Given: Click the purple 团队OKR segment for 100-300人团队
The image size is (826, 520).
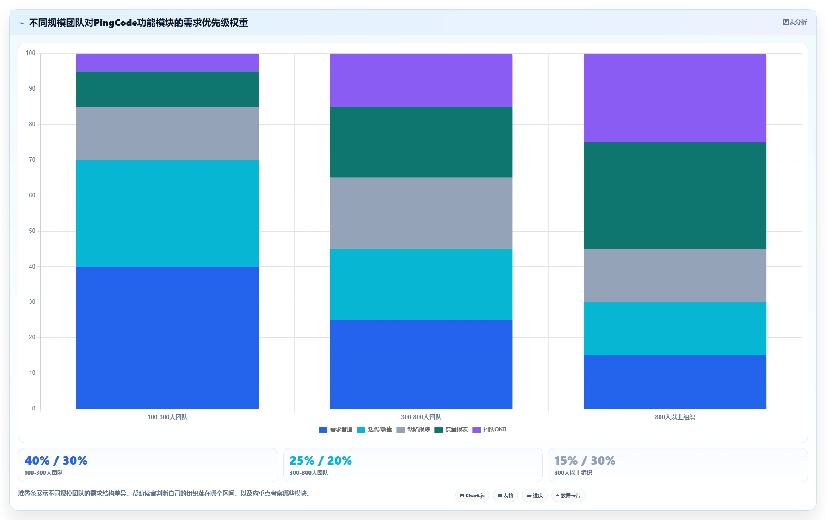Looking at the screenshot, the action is (167, 62).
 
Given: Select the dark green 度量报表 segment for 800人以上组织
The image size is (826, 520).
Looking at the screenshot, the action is (675, 196).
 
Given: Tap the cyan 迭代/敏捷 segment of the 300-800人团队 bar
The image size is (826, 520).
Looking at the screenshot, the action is (421, 285).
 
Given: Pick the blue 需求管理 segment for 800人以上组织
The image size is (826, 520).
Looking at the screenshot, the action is (675, 382).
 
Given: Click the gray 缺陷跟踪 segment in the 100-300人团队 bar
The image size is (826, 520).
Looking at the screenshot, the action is (167, 134).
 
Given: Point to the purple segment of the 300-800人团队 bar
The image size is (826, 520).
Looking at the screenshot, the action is (421, 80).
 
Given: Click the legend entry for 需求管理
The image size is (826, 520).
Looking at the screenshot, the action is (336, 429).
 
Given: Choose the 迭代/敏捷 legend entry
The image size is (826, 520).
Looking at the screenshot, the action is (374, 429).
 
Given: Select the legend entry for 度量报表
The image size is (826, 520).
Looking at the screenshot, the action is (451, 429).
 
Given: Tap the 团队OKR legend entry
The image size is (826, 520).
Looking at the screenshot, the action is (489, 429).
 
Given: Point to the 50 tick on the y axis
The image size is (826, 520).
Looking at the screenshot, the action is (32, 231).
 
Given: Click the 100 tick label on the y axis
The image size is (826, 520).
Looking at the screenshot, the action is (31, 53).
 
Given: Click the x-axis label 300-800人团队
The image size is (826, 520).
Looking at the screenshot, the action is (421, 417).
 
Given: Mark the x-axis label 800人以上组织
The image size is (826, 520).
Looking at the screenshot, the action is (675, 417).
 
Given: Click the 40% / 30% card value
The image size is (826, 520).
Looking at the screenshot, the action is (56, 460).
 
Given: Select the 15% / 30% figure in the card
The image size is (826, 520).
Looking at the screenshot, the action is (585, 460).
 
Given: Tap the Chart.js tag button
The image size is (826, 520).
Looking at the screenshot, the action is (472, 496).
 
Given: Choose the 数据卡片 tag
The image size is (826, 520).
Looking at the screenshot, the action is (568, 496).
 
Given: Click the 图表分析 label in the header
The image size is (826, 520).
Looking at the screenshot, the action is (795, 22).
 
